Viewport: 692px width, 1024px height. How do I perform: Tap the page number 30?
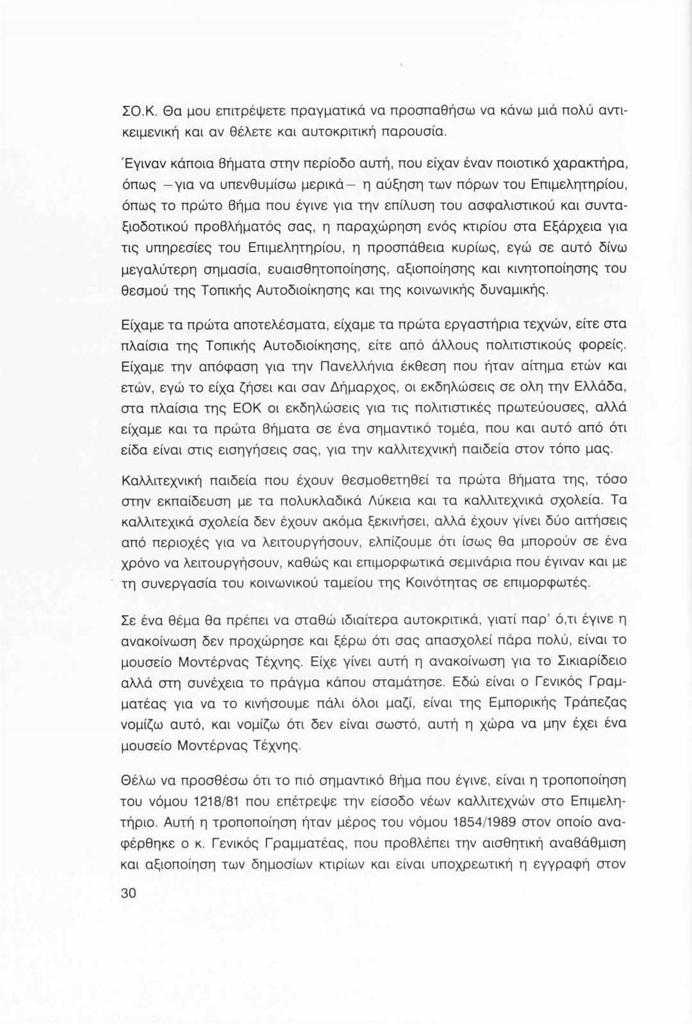coord(128,894)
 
